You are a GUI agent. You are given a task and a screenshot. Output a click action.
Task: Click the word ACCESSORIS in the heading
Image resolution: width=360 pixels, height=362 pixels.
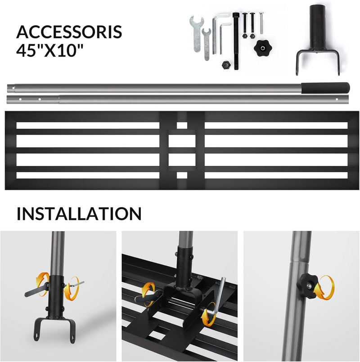pyautogui.click(x=69, y=32)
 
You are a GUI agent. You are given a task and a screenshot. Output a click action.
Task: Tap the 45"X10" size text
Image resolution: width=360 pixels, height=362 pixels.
pyautogui.click(x=49, y=50)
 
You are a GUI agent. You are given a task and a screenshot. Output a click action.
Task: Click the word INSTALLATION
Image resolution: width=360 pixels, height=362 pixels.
pyautogui.click(x=79, y=214)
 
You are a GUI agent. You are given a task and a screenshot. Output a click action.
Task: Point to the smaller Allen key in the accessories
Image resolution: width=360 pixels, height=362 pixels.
pyautogui.click(x=224, y=37)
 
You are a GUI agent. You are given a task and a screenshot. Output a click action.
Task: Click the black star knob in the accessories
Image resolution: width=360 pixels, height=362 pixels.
pyautogui.click(x=263, y=47)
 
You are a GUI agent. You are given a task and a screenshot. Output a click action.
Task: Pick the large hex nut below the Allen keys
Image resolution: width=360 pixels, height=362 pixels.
pyautogui.click(x=226, y=65)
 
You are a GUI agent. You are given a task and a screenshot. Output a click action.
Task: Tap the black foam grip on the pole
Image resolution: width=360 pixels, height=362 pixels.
pyautogui.click(x=325, y=88)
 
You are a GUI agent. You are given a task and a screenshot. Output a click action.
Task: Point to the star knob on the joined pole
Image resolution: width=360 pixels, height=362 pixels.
pyautogui.click(x=308, y=283)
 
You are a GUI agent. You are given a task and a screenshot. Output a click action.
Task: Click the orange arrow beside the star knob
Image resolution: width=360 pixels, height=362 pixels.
pyautogui.click(x=325, y=287)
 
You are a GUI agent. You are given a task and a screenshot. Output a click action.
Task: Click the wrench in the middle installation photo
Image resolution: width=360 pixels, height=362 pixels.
pyautogui.click(x=148, y=296)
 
